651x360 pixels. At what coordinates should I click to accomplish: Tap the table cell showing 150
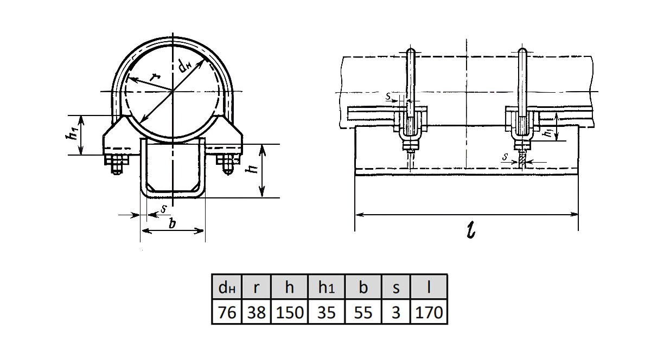[x=289, y=313]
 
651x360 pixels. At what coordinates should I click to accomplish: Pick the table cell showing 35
[x=326, y=313]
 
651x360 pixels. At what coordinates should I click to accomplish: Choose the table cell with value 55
[x=362, y=313]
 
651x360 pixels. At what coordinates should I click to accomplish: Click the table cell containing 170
[x=429, y=313]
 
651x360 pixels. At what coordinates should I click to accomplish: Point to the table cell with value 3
[x=395, y=313]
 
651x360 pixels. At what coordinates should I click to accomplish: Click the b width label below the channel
[x=173, y=223]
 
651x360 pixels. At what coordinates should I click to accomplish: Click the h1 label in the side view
[x=550, y=132]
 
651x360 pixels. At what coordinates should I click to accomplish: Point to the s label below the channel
[x=164, y=208]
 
